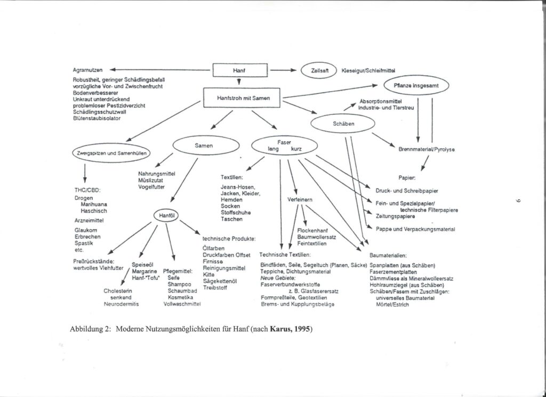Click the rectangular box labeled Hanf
tap(239, 70)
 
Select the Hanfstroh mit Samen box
tap(242, 98)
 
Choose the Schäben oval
tap(343, 124)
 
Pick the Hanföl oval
tap(167, 216)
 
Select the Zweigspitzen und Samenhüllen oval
tap(111, 153)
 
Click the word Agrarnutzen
tap(88, 69)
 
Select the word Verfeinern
tap(300, 199)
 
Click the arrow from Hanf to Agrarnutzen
tap(160, 69)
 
